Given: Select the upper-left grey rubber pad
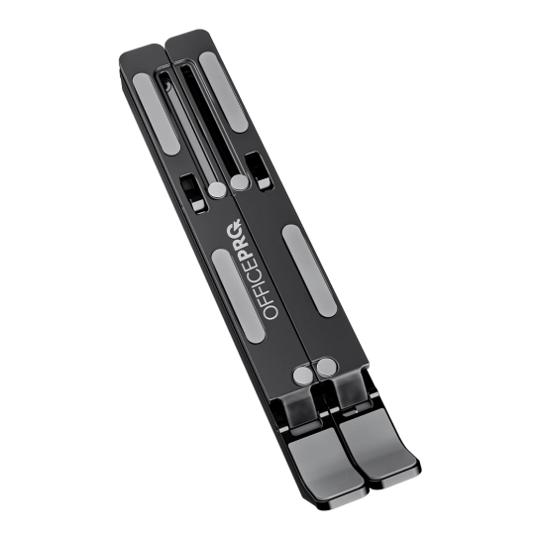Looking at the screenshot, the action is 157,114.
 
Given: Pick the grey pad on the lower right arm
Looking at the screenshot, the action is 309,270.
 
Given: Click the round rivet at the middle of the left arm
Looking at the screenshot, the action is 217,190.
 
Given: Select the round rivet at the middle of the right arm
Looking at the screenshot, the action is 239,182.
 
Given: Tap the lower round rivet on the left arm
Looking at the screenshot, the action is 303,375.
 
